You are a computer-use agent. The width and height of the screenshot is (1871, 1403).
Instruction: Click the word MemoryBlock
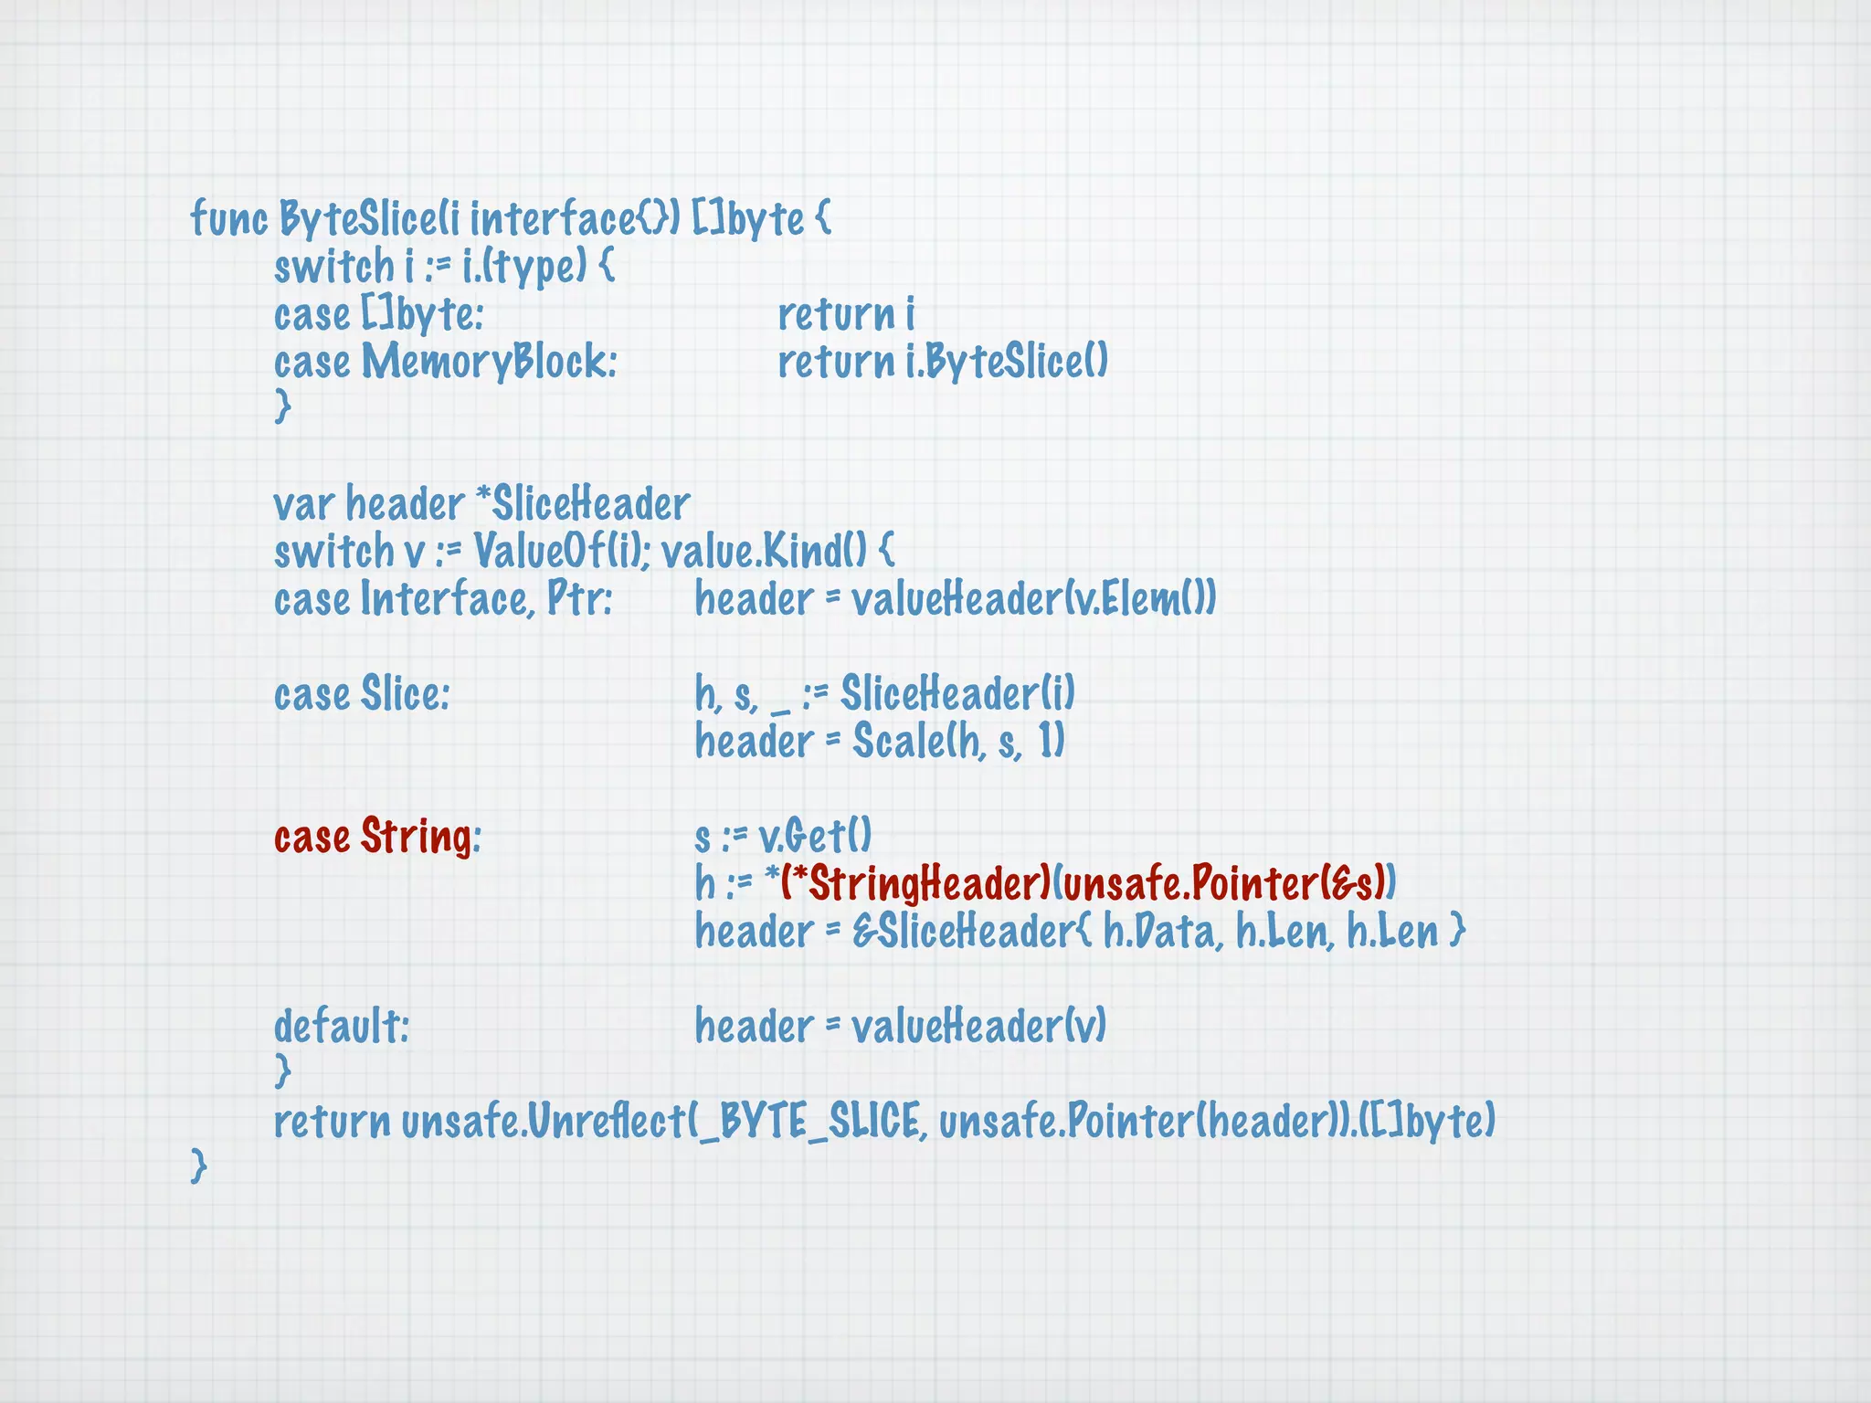489,362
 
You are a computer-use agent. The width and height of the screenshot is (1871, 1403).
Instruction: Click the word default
341,1027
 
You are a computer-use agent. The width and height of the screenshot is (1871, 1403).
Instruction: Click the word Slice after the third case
405,694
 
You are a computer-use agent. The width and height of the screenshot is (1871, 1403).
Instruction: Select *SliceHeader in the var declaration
583,504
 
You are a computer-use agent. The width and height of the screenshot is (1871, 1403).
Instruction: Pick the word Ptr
579,599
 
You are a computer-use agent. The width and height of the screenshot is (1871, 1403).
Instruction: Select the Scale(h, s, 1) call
958,742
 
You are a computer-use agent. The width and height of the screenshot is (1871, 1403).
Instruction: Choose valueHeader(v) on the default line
978,1027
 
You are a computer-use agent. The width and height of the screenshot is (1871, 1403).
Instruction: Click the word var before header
305,504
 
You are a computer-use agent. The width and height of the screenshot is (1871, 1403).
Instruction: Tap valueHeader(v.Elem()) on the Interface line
1033,599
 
